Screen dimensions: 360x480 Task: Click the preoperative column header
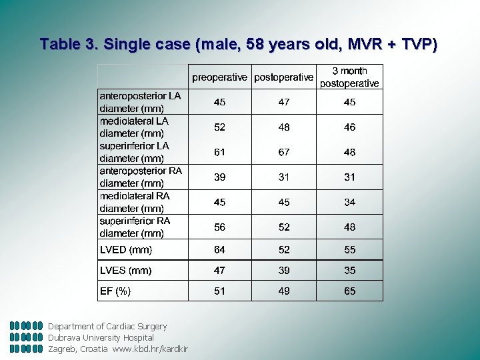pyautogui.click(x=219, y=77)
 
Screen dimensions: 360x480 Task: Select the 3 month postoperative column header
pyautogui.click(x=349, y=77)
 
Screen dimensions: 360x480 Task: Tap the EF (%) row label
pyautogui.click(x=115, y=291)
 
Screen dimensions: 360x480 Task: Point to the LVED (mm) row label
pyautogui.click(x=126, y=250)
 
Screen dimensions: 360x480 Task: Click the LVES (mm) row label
pyautogui.click(x=125, y=271)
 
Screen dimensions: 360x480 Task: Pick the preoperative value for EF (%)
pyautogui.click(x=219, y=291)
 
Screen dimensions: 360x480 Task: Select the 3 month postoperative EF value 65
pyautogui.click(x=350, y=291)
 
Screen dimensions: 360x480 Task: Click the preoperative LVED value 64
pyautogui.click(x=219, y=250)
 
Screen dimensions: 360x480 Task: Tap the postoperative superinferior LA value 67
pyautogui.click(x=284, y=152)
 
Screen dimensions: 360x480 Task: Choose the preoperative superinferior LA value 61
pyautogui.click(x=219, y=152)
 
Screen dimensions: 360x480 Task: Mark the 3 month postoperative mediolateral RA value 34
pyautogui.click(x=350, y=202)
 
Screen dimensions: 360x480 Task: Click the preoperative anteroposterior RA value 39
pyautogui.click(x=219, y=177)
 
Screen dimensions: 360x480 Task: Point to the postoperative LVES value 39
pyautogui.click(x=284, y=270)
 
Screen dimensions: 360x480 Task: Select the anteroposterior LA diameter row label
pyautogui.click(x=140, y=102)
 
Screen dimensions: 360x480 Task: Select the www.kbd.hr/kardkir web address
pyautogui.click(x=151, y=349)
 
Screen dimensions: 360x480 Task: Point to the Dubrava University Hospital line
pyautogui.click(x=101, y=337)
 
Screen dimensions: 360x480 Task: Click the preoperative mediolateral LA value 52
pyautogui.click(x=219, y=127)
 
